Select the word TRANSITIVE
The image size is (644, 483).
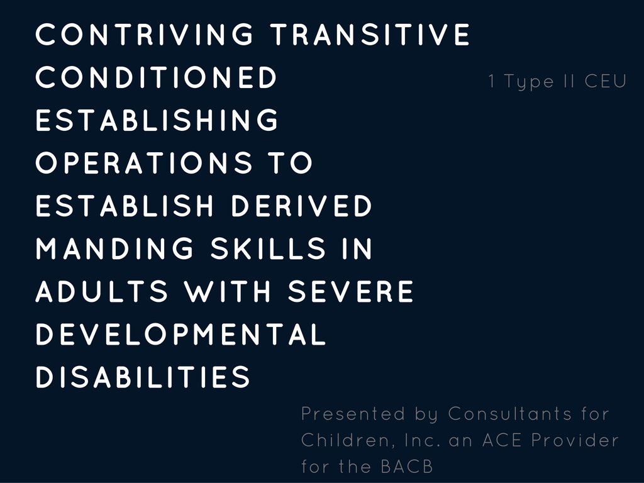(370, 34)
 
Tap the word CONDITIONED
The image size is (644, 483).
(157, 77)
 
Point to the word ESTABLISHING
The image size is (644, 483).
(157, 119)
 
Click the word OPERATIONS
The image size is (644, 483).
(144, 162)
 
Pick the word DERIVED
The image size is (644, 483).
(301, 206)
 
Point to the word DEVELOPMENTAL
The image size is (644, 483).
(181, 334)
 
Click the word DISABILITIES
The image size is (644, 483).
(143, 377)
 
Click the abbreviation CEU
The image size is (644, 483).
(606, 81)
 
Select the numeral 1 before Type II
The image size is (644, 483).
(492, 81)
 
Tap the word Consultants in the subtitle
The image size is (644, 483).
(509, 414)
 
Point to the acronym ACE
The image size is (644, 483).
(502, 440)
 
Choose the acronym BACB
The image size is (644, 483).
(407, 467)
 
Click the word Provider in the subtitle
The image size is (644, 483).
(575, 440)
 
